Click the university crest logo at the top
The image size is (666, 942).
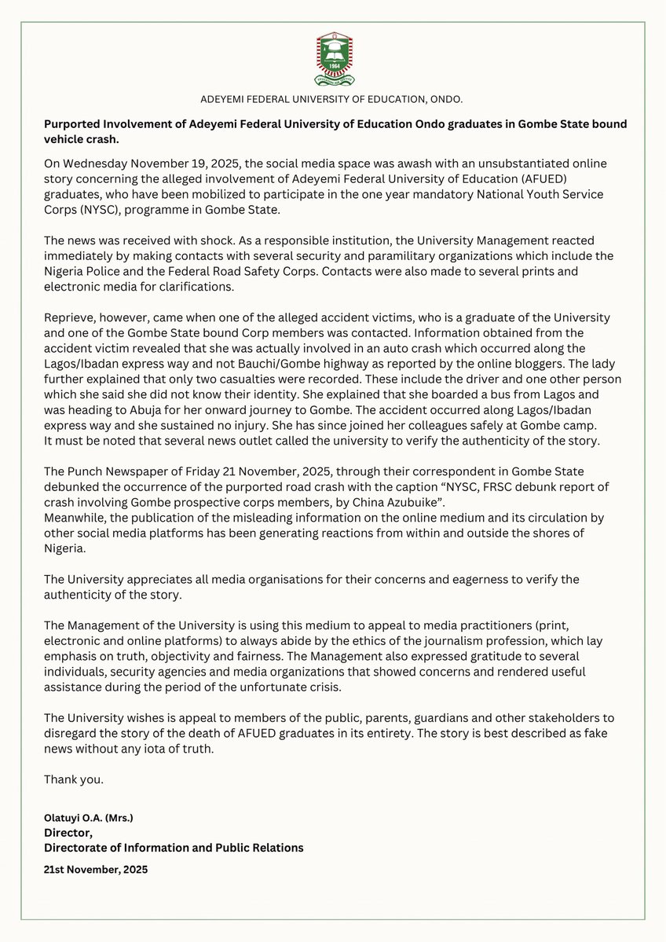point(333,59)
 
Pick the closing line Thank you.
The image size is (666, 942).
point(74,779)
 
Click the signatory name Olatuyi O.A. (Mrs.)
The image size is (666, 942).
point(89,818)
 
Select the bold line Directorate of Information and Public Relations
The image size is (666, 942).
point(174,848)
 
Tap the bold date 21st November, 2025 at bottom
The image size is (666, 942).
point(96,870)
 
